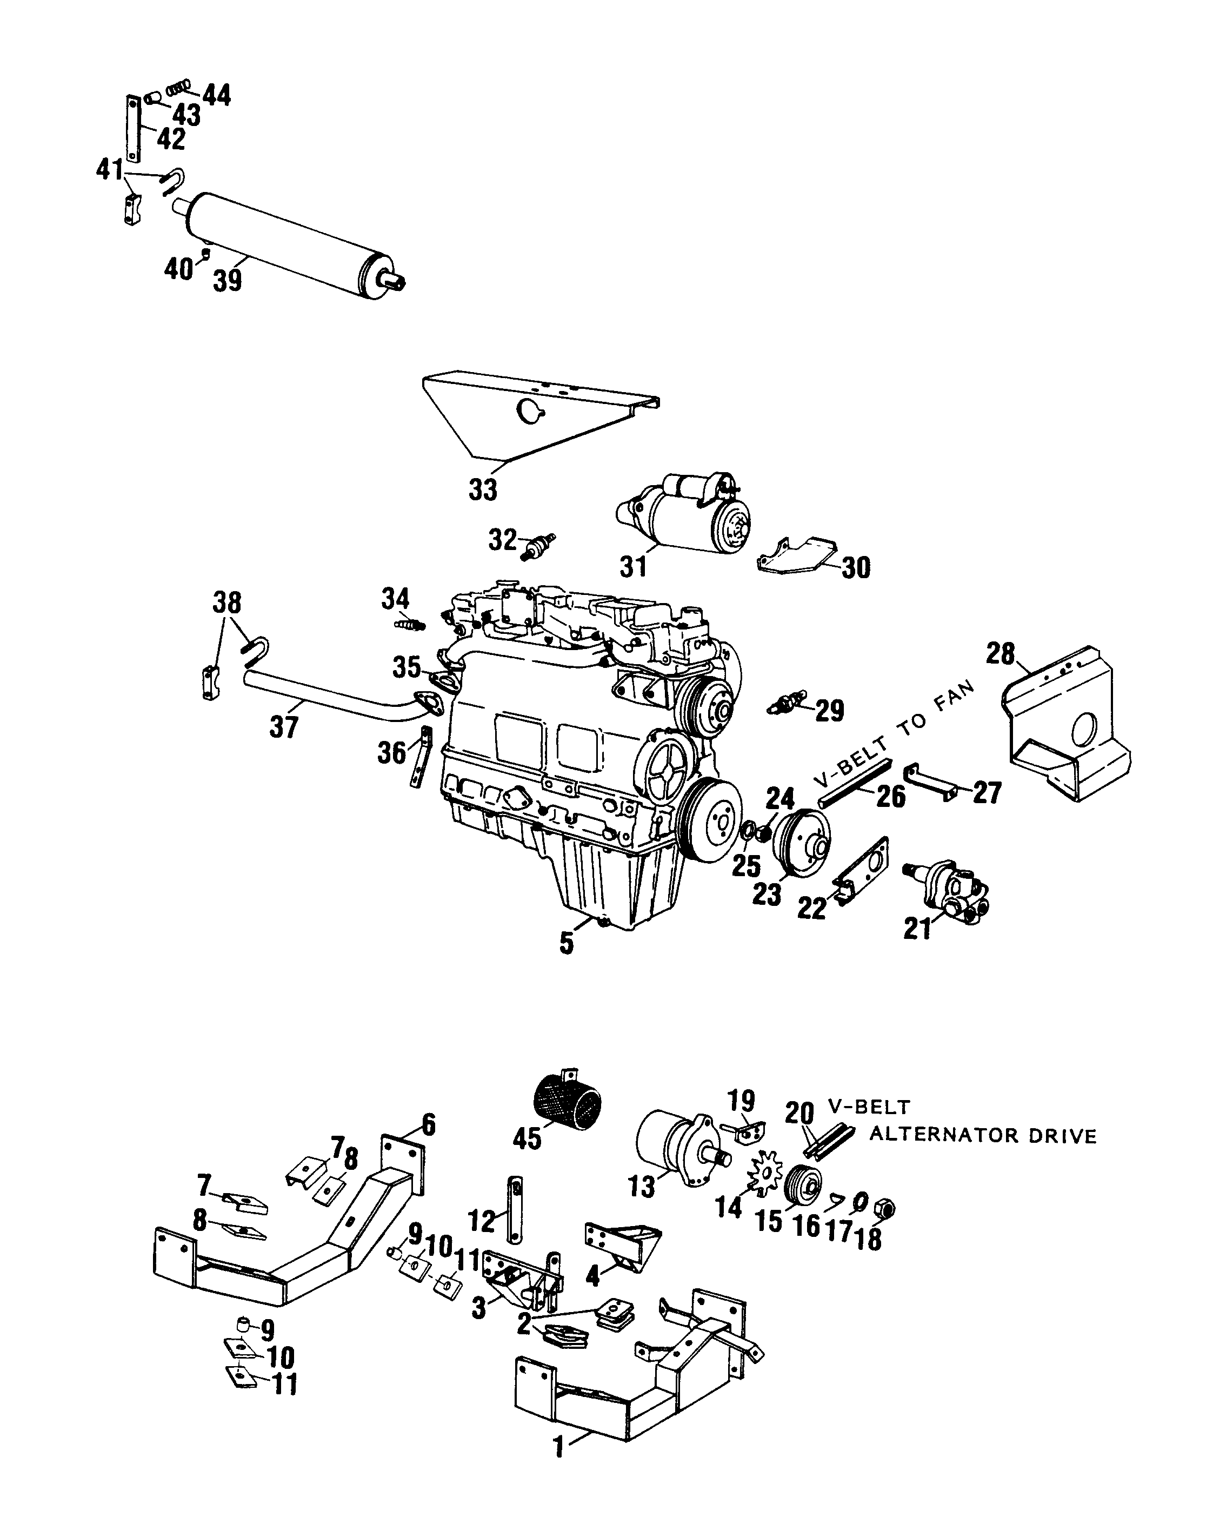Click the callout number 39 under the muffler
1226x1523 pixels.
[228, 281]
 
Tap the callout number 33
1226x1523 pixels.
[483, 489]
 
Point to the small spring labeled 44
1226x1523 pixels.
[179, 88]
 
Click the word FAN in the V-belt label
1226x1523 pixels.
[954, 699]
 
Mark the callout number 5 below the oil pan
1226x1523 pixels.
[567, 944]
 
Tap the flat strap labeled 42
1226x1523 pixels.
[132, 127]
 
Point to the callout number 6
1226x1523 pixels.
[428, 1124]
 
